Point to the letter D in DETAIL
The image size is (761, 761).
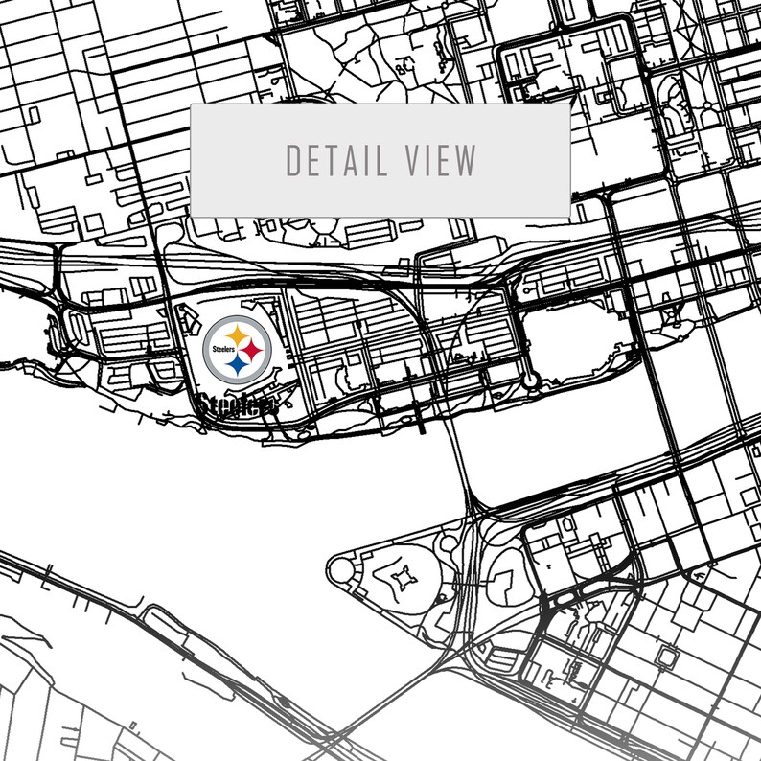(x=293, y=160)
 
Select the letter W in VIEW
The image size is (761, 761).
(x=466, y=160)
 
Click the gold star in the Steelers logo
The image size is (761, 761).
(x=236, y=336)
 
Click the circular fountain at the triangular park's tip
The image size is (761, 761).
(x=340, y=569)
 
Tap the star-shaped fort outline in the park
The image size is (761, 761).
(x=403, y=577)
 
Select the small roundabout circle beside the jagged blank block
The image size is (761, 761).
(x=530, y=380)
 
